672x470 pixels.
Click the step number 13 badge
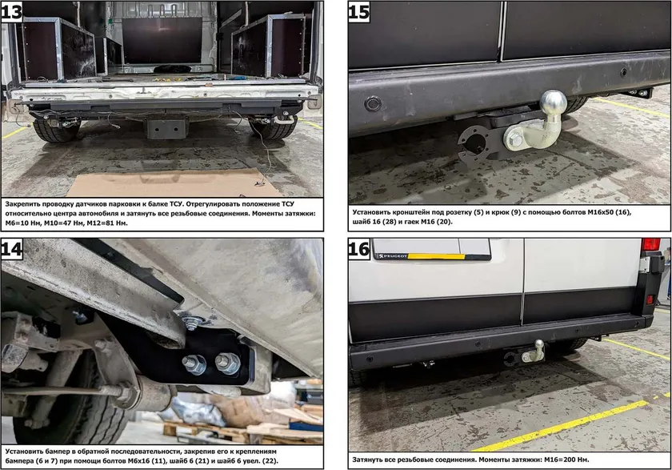(11, 11)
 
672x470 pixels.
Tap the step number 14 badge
(11, 250)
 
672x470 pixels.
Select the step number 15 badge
(358, 11)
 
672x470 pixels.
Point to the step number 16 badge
(358, 250)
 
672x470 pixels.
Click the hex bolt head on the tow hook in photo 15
(514, 140)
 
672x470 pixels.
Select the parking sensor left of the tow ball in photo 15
(374, 104)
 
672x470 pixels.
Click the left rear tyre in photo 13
(57, 130)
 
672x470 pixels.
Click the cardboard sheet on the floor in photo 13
(171, 183)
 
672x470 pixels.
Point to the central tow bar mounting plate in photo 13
(166, 129)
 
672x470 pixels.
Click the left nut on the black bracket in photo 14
(194, 365)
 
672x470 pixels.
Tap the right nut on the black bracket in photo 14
(227, 364)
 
